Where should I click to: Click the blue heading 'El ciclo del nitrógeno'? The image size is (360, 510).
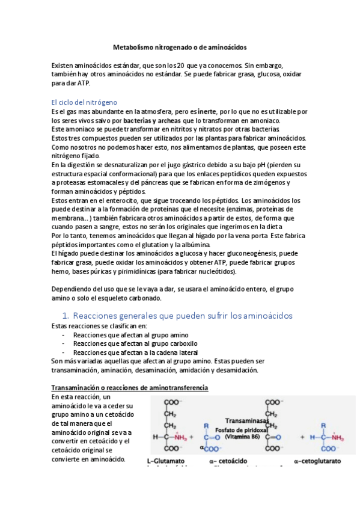[84, 102]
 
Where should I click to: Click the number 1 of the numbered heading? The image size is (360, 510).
[66, 315]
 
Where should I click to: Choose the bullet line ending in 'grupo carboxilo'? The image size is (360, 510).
[130, 343]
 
